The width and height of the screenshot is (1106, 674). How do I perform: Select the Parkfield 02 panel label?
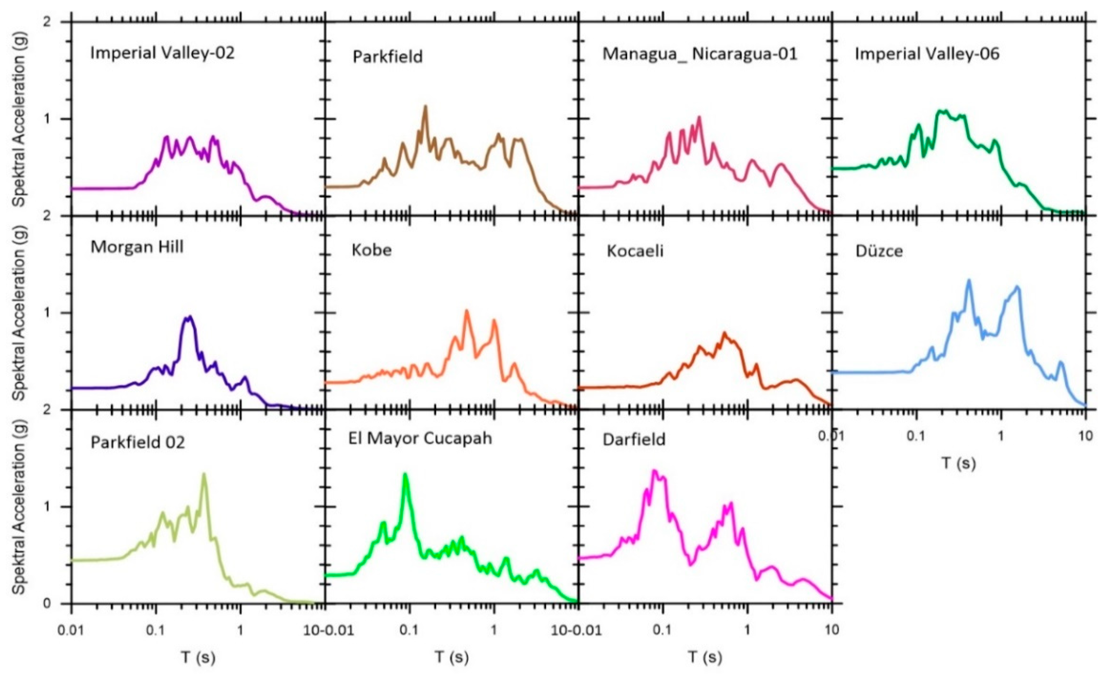(137, 443)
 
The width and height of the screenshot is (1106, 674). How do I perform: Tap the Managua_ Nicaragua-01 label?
(699, 54)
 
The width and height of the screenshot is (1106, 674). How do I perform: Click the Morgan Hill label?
(137, 247)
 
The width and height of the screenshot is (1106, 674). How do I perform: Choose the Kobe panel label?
(371, 249)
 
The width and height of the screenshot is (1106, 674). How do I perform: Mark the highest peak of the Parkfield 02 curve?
(204, 474)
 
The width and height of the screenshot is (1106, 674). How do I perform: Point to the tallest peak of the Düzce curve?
(969, 281)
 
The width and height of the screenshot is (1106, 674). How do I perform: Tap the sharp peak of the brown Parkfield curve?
(425, 107)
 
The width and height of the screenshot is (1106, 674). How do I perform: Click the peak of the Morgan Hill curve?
(190, 317)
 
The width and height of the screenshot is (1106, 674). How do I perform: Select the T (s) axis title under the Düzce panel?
(958, 463)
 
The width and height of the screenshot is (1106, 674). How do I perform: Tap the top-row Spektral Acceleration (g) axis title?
(19, 119)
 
